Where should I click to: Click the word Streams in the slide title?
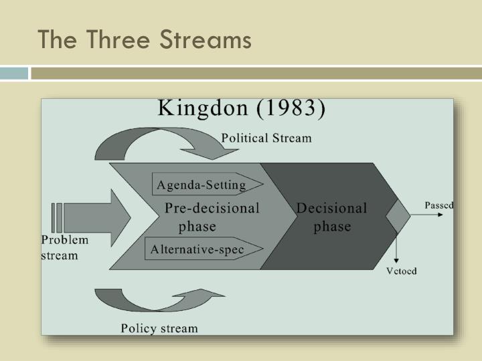coord(206,40)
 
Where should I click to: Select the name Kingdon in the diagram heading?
coord(202,109)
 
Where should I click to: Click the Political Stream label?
coord(266,138)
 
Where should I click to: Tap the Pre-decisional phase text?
coord(211,217)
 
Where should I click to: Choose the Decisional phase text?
coord(331,217)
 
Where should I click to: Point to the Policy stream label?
coord(159,328)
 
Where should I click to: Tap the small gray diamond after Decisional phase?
coord(397,217)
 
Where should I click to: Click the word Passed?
coord(439,205)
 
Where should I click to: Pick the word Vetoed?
coord(402,271)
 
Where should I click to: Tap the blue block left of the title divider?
coord(14,73)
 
